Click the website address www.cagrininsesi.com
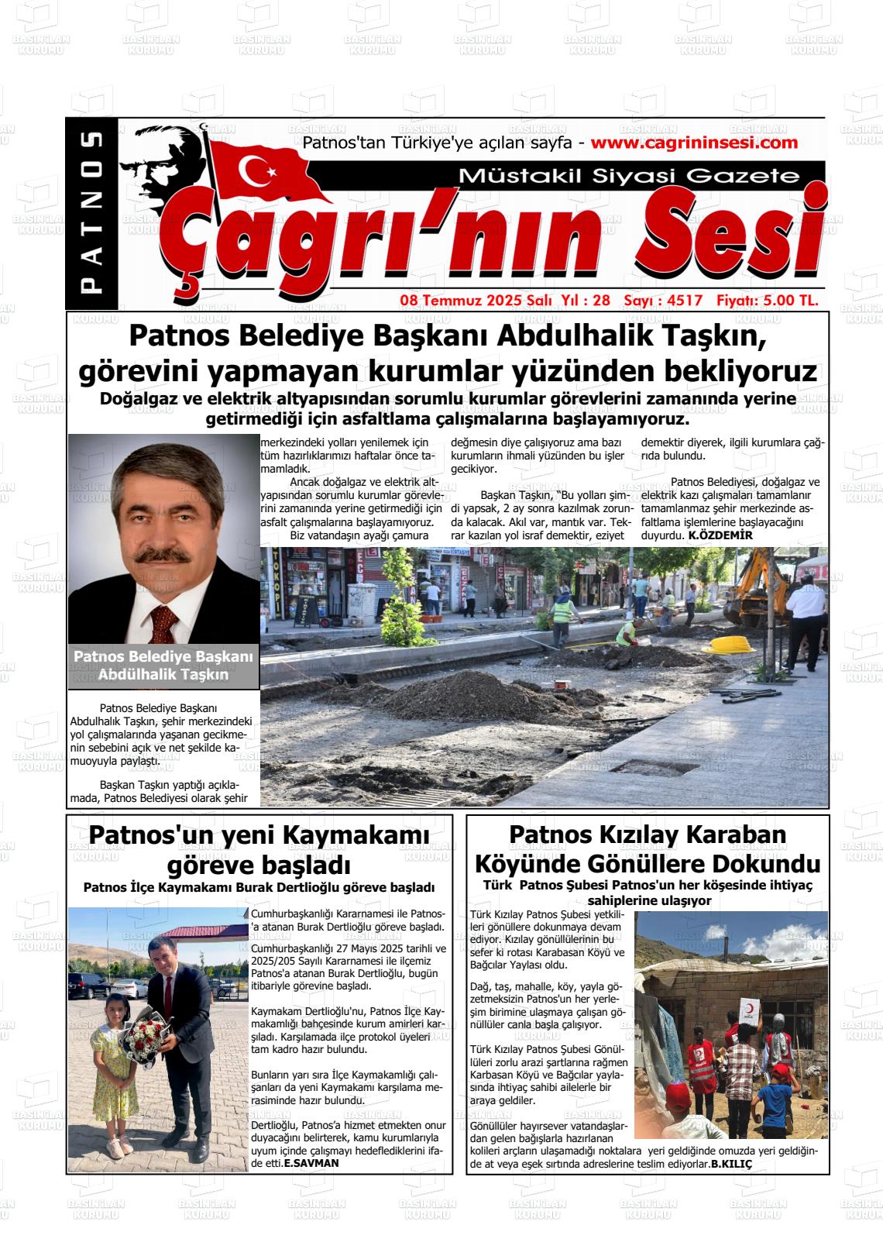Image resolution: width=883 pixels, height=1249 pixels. pos(693,143)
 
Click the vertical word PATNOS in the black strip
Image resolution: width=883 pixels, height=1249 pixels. pos(92,212)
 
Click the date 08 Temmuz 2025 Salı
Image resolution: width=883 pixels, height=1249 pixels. pos(475,301)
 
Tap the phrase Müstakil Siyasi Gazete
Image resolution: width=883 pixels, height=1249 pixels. pos(629,176)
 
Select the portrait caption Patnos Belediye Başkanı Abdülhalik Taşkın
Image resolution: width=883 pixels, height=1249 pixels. pos(163,665)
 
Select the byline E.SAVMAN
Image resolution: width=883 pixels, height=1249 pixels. pos(311,1163)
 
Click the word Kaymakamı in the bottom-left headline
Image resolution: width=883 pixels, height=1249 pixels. pos(356,837)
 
